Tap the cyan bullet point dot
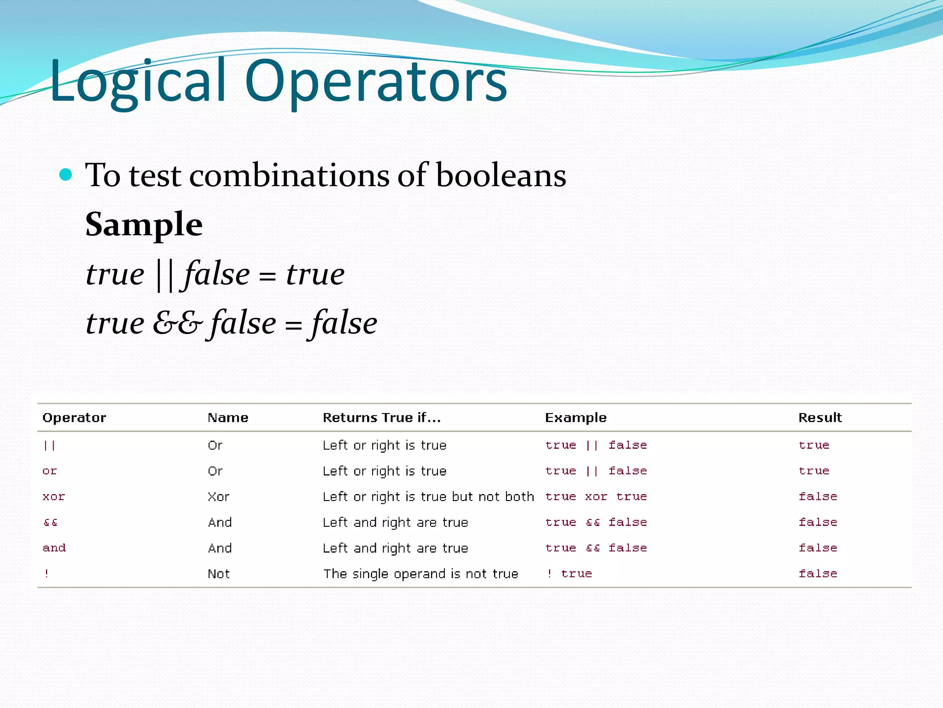(x=66, y=175)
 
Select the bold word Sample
(x=144, y=224)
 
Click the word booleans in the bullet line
(x=501, y=176)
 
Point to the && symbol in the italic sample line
(x=177, y=323)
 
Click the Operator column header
(x=74, y=418)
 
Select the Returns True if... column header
(x=382, y=418)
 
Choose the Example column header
(x=576, y=418)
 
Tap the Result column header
(x=820, y=418)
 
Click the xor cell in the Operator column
(x=54, y=497)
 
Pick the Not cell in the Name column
(x=218, y=574)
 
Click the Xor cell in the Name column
(x=218, y=497)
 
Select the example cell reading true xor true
(x=596, y=497)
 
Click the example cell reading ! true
(x=569, y=574)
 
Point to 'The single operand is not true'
(x=420, y=574)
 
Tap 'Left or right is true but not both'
(x=428, y=497)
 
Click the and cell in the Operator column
(x=54, y=548)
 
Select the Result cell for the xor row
(x=818, y=497)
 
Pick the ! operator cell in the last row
(x=47, y=574)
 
